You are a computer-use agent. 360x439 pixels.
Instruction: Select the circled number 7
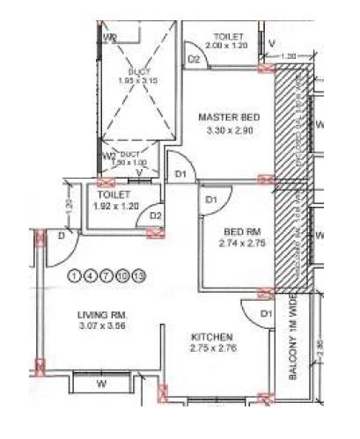[x=108, y=275]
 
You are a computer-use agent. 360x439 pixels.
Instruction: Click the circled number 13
[x=138, y=275]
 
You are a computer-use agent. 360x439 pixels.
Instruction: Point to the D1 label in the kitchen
[x=265, y=314]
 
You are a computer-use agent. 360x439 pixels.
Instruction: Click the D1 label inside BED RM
[x=211, y=201]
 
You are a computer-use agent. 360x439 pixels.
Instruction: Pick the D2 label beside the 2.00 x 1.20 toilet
[x=195, y=59]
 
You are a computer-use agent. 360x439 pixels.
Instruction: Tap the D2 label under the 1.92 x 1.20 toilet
[x=155, y=215]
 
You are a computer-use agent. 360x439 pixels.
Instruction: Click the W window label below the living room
[x=102, y=384]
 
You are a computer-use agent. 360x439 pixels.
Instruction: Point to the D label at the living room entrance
[x=61, y=236]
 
